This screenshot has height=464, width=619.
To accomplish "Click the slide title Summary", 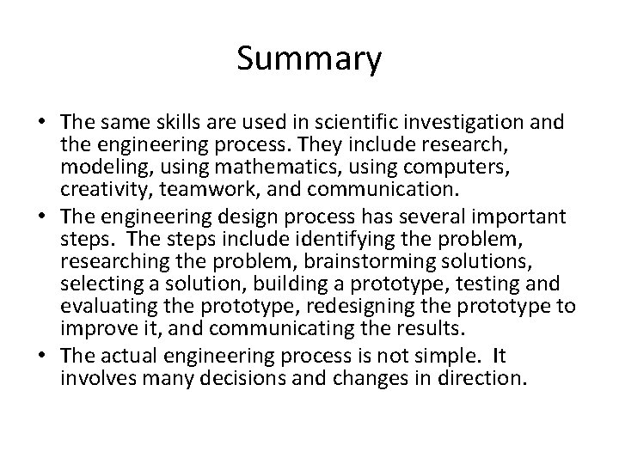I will pos(309,60).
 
